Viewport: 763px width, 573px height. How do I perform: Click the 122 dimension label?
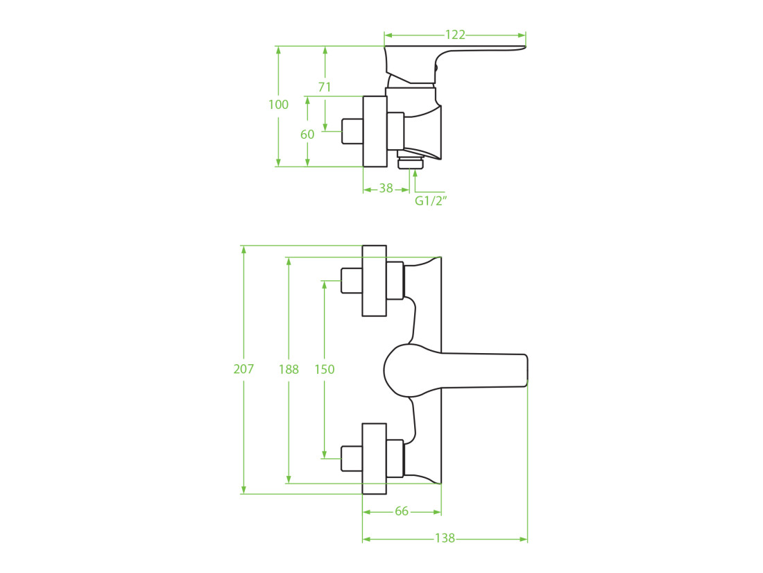[x=455, y=35]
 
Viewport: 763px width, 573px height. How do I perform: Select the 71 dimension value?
[x=325, y=87]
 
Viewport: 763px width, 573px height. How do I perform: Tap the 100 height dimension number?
[x=278, y=105]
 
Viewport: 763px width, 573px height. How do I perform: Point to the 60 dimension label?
[x=307, y=135]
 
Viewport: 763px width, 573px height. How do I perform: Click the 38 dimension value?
[x=386, y=188]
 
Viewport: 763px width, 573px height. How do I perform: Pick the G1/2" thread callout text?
[x=431, y=200]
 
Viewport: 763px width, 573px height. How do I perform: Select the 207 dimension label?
[x=243, y=369]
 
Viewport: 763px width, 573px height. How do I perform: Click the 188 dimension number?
[x=289, y=370]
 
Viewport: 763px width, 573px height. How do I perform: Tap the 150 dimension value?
[x=325, y=370]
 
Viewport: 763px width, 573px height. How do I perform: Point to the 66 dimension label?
[x=402, y=511]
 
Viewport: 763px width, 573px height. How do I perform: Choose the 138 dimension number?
[x=445, y=538]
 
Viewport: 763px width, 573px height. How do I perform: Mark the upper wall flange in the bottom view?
[x=374, y=281]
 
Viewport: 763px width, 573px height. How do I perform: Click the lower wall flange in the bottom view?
[x=374, y=459]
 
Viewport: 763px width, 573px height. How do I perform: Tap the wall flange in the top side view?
[x=375, y=131]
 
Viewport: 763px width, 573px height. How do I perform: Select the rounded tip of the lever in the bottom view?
[x=526, y=370]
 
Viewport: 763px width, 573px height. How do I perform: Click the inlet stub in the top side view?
[x=352, y=131]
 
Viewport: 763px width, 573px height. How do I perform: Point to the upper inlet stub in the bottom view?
[x=352, y=281]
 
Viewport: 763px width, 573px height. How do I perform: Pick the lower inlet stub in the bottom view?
[x=352, y=459]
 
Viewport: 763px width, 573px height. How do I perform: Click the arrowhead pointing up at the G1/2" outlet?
[x=415, y=173]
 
